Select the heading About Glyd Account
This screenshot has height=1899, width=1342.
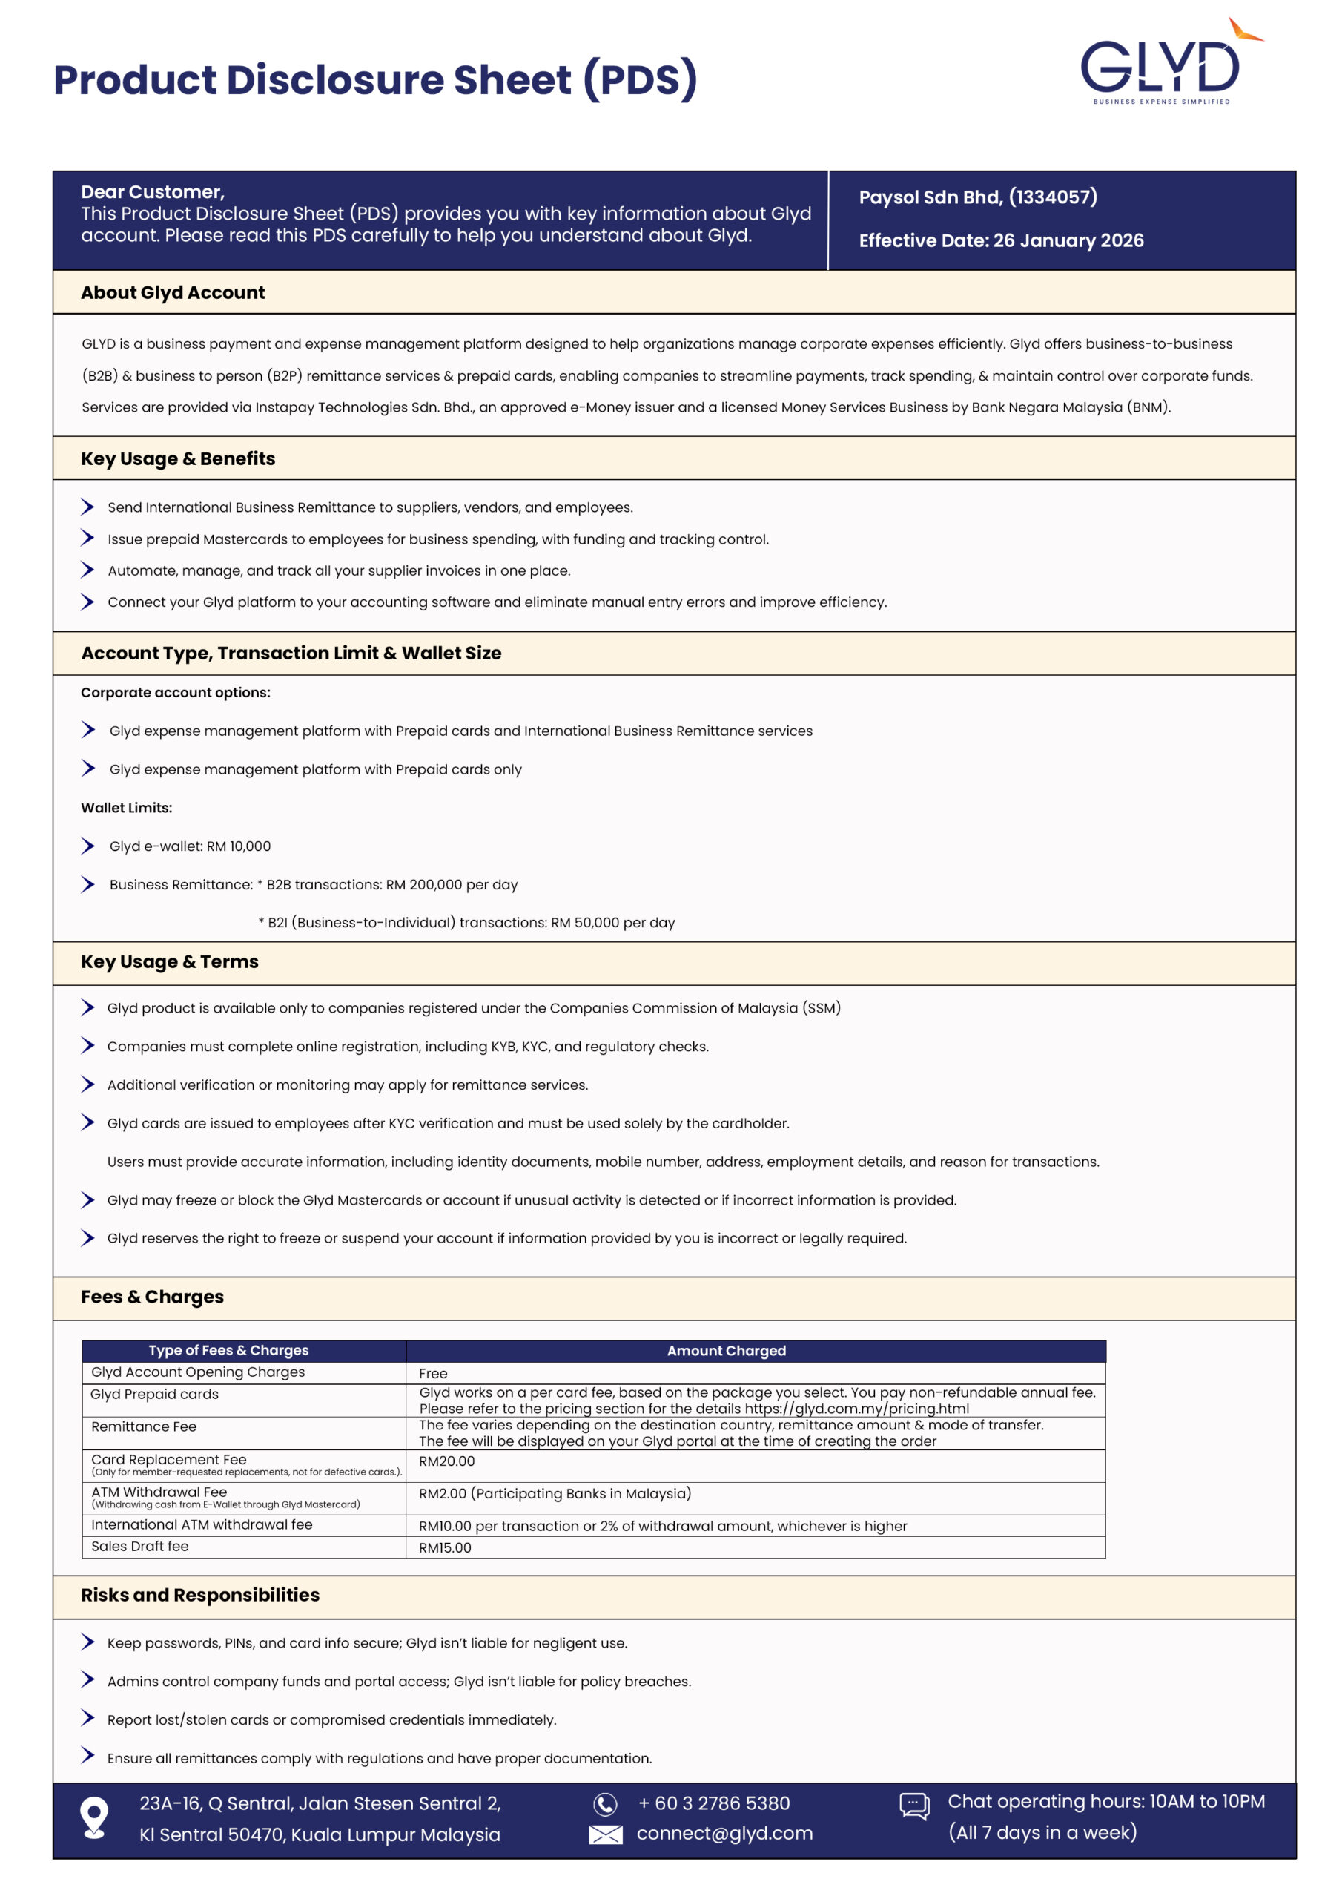[173, 293]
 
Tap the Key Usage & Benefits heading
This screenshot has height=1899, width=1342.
[178, 459]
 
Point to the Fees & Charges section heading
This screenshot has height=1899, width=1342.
[152, 1297]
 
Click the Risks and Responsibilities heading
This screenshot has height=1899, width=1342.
[200, 1596]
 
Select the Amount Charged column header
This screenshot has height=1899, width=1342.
[726, 1351]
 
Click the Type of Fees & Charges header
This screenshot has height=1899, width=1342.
[228, 1351]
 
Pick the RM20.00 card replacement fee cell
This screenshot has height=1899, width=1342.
[446, 1461]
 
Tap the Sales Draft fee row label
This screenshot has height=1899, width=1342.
[139, 1547]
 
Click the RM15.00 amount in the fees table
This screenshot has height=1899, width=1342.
[445, 1548]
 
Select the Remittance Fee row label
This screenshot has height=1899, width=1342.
[144, 1426]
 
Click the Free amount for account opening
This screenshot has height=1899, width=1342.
[433, 1374]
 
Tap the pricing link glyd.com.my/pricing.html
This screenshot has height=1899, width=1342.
[856, 1409]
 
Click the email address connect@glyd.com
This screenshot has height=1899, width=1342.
[724, 1834]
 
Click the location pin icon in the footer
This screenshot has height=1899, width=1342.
[94, 1817]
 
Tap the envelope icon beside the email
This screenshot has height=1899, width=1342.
[605, 1834]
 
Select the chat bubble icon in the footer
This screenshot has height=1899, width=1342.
[913, 1805]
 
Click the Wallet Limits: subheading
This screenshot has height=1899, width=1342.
[127, 808]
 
